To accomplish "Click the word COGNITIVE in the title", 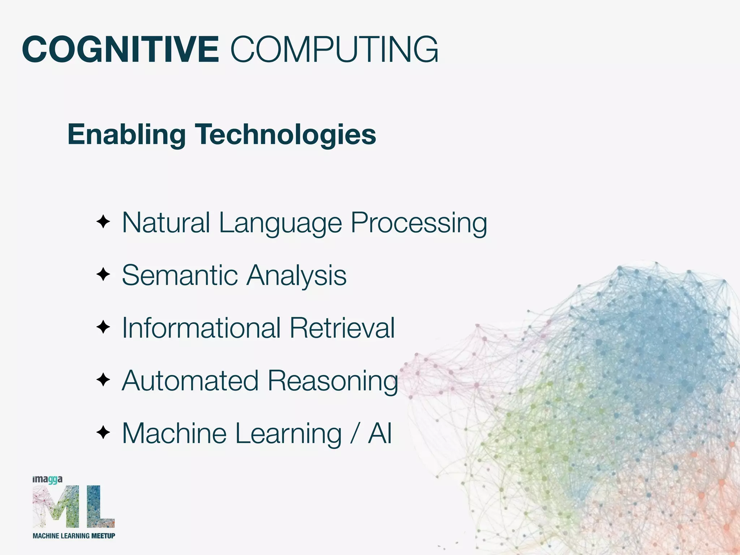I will [x=120, y=50].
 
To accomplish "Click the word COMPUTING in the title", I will [x=334, y=50].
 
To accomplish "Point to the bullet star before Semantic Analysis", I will [x=103, y=275].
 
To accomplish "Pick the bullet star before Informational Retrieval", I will [x=103, y=327].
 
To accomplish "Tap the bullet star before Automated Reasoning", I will [x=103, y=380].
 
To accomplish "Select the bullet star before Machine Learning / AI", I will [x=103, y=433].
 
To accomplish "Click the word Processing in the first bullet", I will [x=419, y=223].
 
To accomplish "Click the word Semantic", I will [x=180, y=275].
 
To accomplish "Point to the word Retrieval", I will [x=342, y=328].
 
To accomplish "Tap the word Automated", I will [x=190, y=381].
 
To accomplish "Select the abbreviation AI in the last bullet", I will [x=380, y=433].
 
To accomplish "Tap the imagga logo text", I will [x=47, y=480].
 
